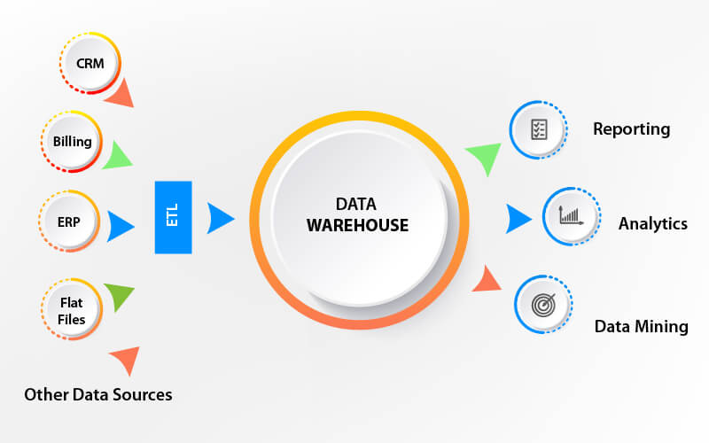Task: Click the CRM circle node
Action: pyautogui.click(x=90, y=64)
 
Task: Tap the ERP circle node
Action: pyautogui.click(x=69, y=221)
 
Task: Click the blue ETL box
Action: pyautogui.click(x=173, y=217)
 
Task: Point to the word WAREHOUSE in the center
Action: pyautogui.click(x=358, y=226)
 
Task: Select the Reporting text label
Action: pyautogui.click(x=631, y=129)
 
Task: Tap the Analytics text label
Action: pyautogui.click(x=652, y=223)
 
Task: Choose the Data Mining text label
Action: pyautogui.click(x=641, y=326)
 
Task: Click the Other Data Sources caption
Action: pyautogui.click(x=98, y=393)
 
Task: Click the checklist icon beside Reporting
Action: pyautogui.click(x=539, y=130)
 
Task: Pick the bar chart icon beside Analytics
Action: pyautogui.click(x=569, y=216)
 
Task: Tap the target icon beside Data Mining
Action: pyautogui.click(x=541, y=305)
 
